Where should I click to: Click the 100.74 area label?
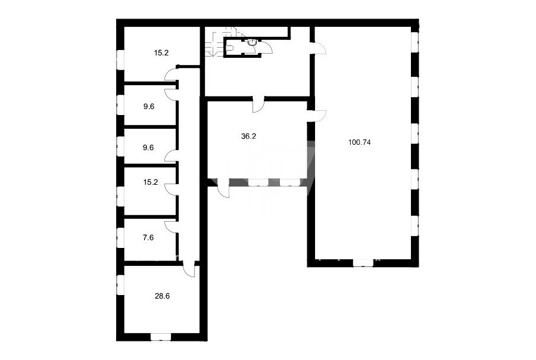coord(359,142)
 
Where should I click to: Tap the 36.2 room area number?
coord(248,136)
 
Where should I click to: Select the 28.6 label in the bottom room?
coord(162,296)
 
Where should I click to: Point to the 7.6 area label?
coord(148,237)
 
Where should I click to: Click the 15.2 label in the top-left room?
coord(161,53)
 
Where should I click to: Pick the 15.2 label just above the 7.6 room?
coord(151,182)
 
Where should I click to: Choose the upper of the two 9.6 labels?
coord(149,107)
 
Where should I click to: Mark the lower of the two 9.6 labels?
coord(148,147)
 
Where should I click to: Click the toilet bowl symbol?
coord(230,48)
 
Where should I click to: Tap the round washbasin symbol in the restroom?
coord(252,42)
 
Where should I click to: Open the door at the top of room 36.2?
coord(258,105)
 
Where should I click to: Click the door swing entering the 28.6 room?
coord(189,269)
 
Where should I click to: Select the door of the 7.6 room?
coord(172,227)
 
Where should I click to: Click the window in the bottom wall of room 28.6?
coord(161,337)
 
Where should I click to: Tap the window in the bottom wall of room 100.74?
coord(363,263)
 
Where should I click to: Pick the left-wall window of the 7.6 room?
coord(120,237)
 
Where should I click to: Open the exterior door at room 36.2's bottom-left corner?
coord(223,188)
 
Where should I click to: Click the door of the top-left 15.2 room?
coord(172,75)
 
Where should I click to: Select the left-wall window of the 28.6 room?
coord(120,285)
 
